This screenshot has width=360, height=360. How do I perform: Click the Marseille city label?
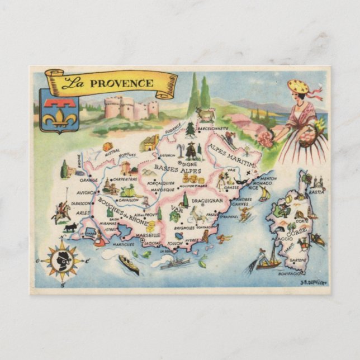pos(148,235)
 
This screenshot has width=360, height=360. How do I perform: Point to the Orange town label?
pos(88,181)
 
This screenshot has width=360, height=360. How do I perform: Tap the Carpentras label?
pos(125,179)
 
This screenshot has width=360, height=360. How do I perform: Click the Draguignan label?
pos(207,200)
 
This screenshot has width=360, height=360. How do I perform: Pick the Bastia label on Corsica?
pos(316,192)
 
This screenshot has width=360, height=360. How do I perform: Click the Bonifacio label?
pos(289,274)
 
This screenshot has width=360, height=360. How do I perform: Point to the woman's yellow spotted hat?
pos(299,87)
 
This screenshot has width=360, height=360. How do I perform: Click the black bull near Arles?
pos(70,228)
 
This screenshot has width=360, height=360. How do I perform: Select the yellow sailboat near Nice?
pos(264,195)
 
